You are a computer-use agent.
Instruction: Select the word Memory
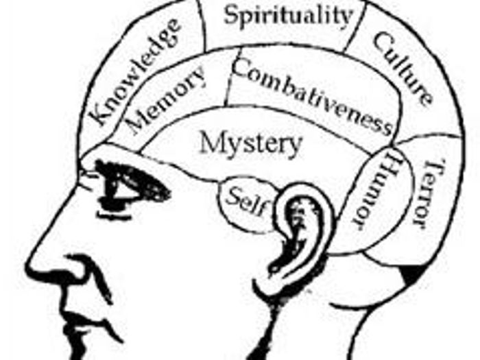click(x=166, y=99)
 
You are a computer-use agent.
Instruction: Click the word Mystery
click(x=250, y=145)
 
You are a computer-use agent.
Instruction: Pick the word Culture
click(x=403, y=69)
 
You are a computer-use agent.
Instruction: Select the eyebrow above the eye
click(x=127, y=168)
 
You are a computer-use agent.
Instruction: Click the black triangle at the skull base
click(x=413, y=275)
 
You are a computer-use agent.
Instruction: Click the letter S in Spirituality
click(x=231, y=14)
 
